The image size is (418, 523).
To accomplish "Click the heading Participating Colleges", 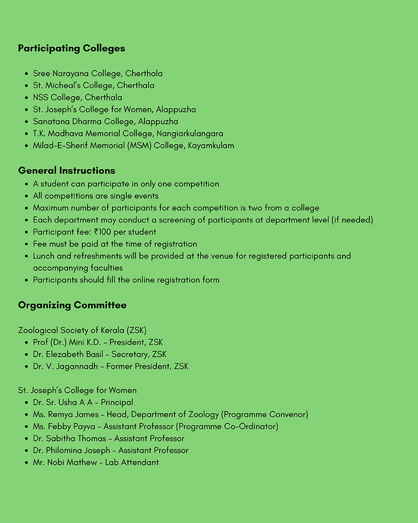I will click(x=71, y=49).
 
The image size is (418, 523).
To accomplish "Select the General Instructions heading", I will click(x=67, y=170).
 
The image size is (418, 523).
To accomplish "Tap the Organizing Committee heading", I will click(x=72, y=305).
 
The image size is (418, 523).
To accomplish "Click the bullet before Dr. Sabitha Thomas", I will click(x=26, y=439).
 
